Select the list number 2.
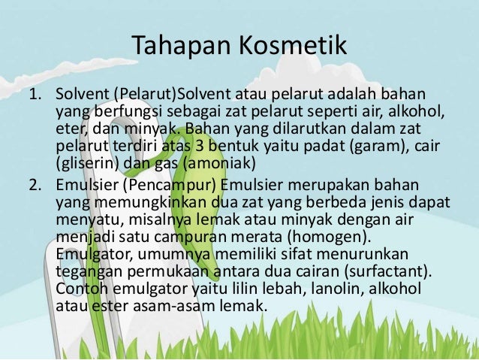pyautogui.click(x=35, y=185)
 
